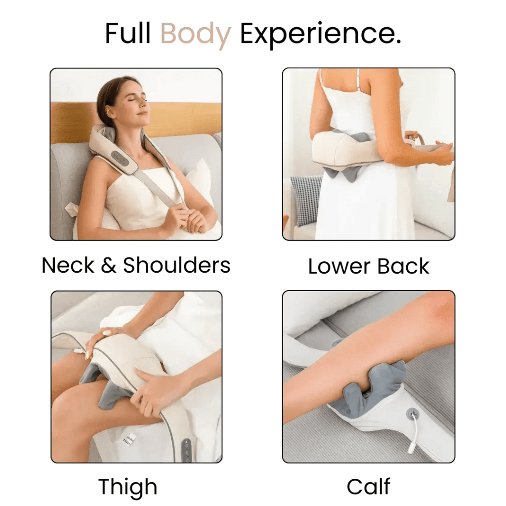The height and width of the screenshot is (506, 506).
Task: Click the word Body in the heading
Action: [196, 34]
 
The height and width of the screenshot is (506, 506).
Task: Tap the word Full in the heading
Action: [128, 34]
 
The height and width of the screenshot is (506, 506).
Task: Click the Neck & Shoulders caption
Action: [136, 265]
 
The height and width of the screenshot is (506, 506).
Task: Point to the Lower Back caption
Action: [369, 266]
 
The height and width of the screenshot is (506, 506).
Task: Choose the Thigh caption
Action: [127, 487]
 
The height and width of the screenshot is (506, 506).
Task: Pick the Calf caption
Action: [368, 487]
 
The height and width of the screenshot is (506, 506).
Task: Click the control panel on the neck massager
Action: [120, 158]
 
